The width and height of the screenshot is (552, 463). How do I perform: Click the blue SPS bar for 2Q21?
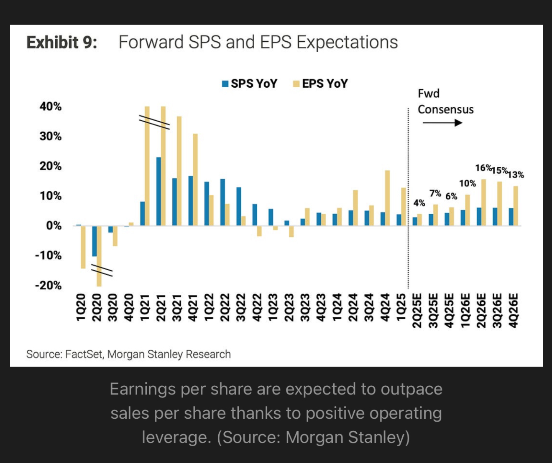point(158,191)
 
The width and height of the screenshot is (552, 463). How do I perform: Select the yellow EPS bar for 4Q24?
point(387,198)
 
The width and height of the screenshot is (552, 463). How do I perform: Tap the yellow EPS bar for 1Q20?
point(83,247)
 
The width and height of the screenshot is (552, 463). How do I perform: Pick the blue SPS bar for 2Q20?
point(95,241)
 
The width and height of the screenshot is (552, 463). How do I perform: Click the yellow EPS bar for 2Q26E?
point(483,202)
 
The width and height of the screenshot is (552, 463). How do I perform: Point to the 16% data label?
point(483,168)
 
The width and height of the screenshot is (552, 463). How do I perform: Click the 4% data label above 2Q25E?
point(419,203)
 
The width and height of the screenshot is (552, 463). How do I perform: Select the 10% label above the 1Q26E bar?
point(467,183)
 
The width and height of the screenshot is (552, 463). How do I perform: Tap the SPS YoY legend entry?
point(250,83)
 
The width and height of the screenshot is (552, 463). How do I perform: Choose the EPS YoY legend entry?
point(320,83)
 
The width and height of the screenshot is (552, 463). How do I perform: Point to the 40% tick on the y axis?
point(51,106)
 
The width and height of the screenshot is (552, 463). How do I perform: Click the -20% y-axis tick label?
point(48,286)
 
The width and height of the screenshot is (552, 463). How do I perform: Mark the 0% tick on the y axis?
point(53,226)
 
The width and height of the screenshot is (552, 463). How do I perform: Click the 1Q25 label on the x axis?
point(401,308)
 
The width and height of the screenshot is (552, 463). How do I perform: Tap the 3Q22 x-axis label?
point(240,308)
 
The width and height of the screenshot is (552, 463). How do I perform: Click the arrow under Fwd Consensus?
point(442,123)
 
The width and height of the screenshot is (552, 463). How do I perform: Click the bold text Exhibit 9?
point(62,43)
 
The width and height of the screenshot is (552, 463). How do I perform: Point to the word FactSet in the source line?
point(84,354)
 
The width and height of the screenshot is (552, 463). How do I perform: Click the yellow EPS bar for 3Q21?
point(179,171)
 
